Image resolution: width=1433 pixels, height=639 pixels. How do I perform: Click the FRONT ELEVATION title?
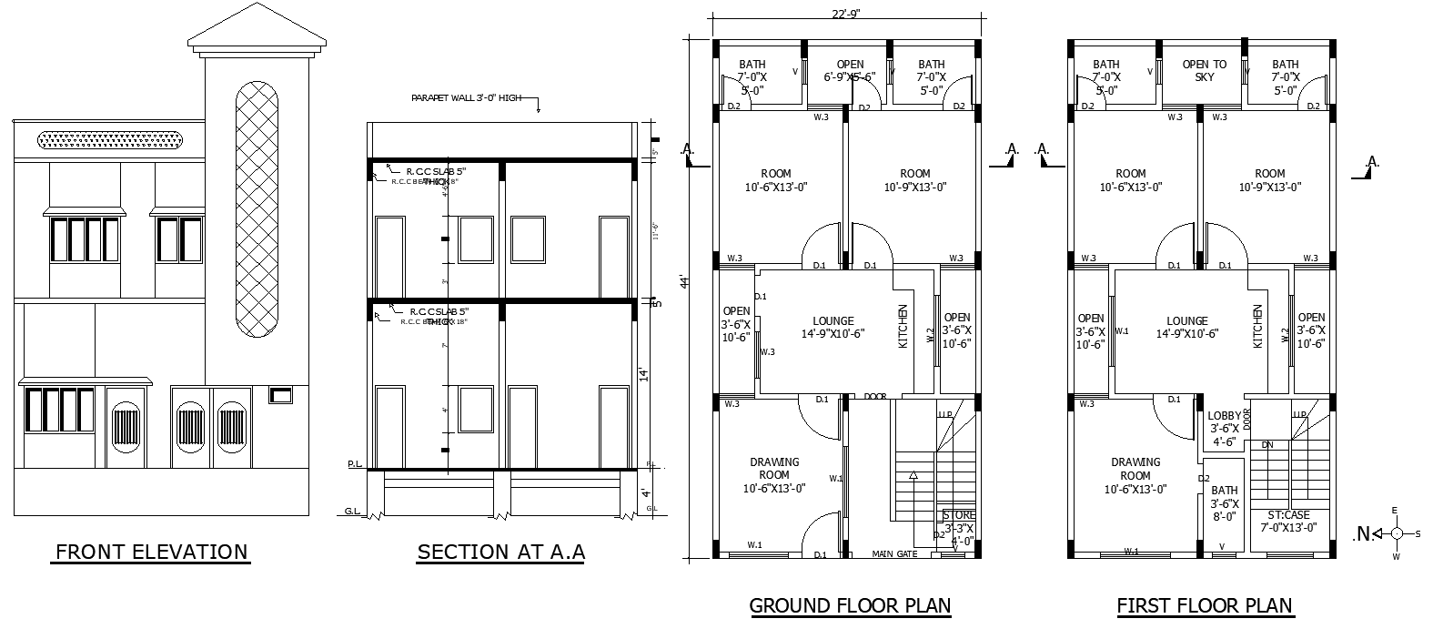click(151, 552)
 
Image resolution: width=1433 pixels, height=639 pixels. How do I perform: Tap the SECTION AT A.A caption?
click(500, 552)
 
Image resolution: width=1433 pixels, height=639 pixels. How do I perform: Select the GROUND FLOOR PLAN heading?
click(849, 605)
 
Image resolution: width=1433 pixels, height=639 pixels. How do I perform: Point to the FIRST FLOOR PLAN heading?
click(1205, 605)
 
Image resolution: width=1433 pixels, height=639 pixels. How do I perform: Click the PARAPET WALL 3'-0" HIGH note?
click(466, 97)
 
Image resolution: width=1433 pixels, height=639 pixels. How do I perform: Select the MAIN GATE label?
click(894, 553)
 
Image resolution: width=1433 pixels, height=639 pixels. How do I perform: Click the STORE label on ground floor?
click(959, 516)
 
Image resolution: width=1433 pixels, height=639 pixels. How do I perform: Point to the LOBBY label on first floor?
click(1224, 416)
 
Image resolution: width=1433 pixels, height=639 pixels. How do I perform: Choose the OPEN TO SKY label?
click(1204, 71)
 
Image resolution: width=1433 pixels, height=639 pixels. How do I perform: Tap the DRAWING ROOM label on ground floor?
click(774, 468)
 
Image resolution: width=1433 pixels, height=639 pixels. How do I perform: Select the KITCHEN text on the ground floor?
click(903, 325)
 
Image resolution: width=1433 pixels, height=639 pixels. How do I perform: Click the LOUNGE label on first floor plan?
click(1186, 321)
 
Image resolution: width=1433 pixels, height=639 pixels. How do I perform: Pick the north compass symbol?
click(1396, 533)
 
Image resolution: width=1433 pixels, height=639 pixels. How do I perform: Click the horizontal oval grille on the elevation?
click(110, 139)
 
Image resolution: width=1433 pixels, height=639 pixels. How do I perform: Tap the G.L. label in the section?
click(351, 511)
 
